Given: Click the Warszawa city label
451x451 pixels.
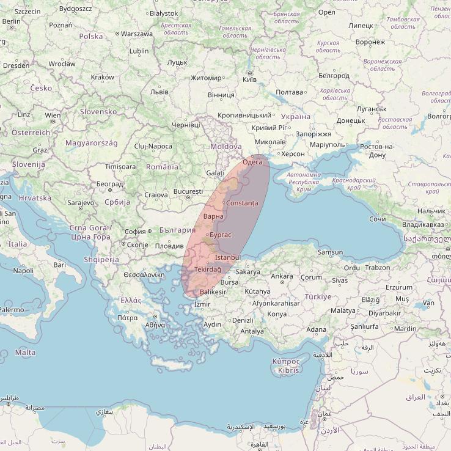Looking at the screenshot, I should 137,34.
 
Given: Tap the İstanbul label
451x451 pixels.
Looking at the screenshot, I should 228,258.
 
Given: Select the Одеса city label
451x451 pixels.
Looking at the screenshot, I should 252,162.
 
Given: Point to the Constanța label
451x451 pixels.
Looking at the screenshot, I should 242,203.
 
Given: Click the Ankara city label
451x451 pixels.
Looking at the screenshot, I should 282,276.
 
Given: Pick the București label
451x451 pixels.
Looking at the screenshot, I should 188,191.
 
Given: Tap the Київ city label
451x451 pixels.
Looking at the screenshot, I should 249,79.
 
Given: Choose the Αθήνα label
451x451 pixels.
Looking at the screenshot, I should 155,324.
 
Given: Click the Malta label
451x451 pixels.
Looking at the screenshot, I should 25,353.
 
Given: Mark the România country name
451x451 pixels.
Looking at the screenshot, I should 162,167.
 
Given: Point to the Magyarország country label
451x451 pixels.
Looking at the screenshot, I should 91,142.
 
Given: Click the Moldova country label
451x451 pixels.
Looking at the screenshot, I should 226,147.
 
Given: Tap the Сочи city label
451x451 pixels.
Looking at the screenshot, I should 378,219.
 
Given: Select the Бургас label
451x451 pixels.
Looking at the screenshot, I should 220,235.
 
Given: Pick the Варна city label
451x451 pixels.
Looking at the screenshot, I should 213,216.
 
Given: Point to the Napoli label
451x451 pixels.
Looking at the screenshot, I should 23,271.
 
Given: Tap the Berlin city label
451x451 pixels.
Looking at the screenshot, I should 11,21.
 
